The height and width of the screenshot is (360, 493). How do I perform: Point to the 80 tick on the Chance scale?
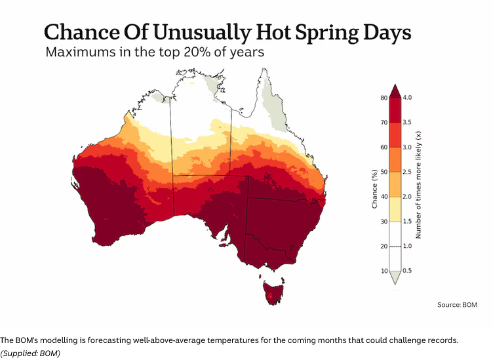click(x=384, y=98)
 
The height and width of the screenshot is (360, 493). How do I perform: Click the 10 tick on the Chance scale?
click(x=384, y=271)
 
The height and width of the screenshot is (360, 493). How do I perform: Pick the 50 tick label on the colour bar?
click(x=384, y=172)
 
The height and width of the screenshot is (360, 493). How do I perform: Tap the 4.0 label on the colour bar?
click(x=407, y=98)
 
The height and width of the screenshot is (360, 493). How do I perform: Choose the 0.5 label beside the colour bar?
click(x=407, y=271)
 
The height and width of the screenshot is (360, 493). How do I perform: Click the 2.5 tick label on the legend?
click(x=407, y=172)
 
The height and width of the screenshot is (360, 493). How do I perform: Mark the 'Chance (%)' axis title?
click(x=374, y=189)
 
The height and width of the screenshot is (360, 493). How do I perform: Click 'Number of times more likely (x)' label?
click(x=418, y=184)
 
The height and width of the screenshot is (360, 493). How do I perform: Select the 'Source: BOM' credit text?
click(x=457, y=305)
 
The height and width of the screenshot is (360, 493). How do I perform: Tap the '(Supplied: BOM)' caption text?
click(x=30, y=353)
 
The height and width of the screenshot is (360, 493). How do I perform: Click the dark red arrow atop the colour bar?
click(x=395, y=92)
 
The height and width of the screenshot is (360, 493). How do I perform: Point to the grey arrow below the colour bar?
click(x=395, y=277)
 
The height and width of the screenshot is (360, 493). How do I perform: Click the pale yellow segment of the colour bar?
click(x=395, y=209)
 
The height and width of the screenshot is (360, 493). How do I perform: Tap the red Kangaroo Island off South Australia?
click(x=224, y=245)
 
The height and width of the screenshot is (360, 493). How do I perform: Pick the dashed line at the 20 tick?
click(x=395, y=247)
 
